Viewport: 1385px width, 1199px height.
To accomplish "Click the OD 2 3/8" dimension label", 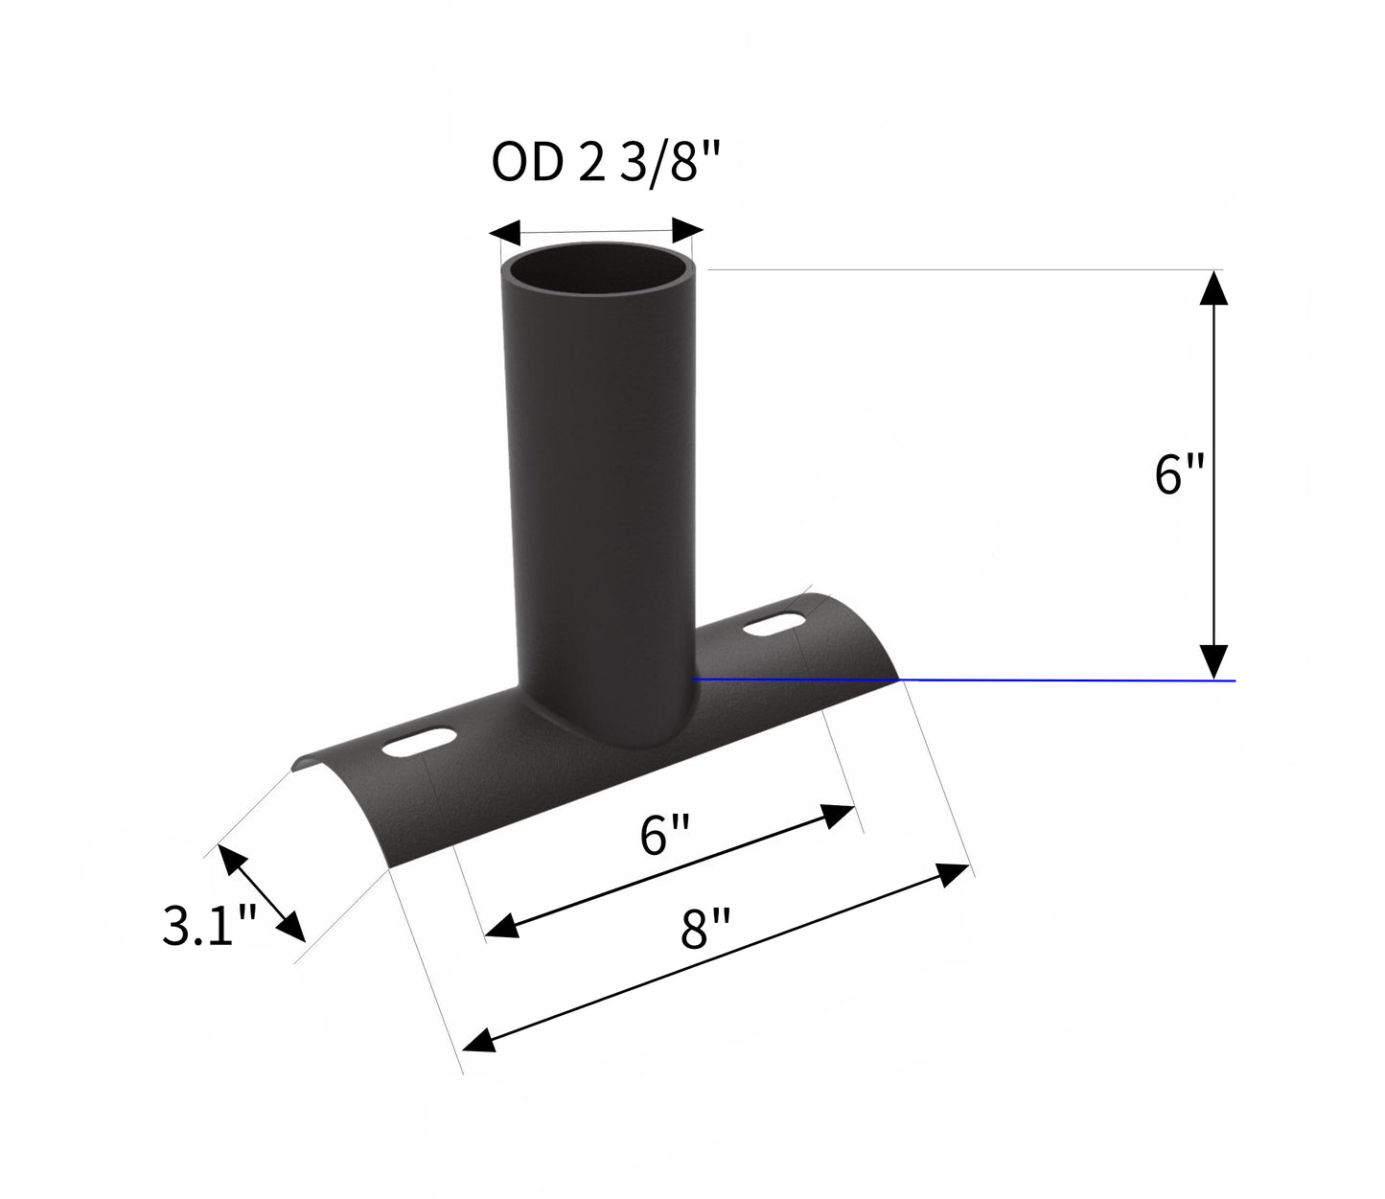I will point(605,164).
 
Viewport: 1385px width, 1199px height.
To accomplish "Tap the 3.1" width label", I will point(209,927).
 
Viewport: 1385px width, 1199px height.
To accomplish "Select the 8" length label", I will point(705,927).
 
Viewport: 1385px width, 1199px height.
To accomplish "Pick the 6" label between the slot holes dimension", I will point(665,837).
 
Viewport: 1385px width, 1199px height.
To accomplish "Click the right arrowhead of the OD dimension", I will point(688,231).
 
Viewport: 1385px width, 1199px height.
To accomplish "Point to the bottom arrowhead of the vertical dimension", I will point(1213,661).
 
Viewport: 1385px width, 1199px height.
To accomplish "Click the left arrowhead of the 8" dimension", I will point(479,1039).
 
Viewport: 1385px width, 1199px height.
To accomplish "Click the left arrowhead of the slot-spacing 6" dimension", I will point(502,926).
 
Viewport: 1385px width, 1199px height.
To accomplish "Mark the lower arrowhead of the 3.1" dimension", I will point(291,929).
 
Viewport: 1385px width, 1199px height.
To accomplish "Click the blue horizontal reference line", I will point(1054,680).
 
